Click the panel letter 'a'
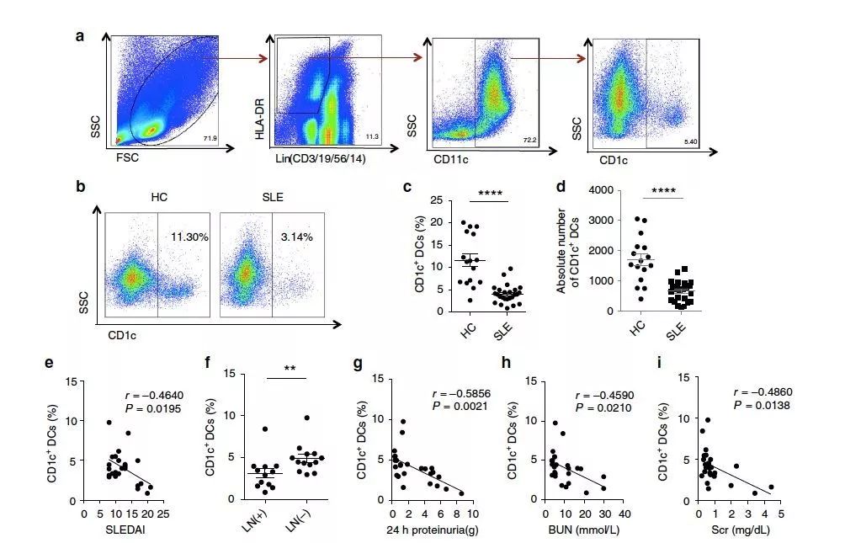tap(80, 36)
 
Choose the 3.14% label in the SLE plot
tap(295, 237)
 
